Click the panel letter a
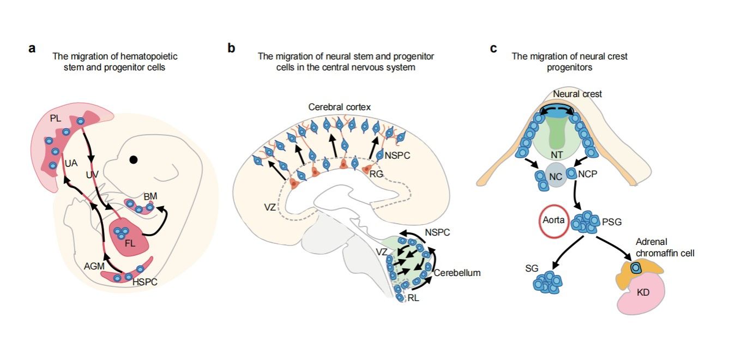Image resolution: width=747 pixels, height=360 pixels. pyautogui.click(x=32, y=48)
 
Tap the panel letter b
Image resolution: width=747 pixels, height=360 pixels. pyautogui.click(x=231, y=49)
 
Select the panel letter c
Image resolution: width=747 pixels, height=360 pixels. pyautogui.click(x=493, y=49)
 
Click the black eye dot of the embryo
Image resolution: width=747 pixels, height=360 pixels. pyautogui.click(x=133, y=160)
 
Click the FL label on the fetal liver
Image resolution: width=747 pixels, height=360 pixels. pyautogui.click(x=130, y=243)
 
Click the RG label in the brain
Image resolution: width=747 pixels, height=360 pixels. pyautogui.click(x=376, y=175)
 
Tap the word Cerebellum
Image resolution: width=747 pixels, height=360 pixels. pyautogui.click(x=457, y=273)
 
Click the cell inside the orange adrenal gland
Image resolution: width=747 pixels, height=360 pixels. pyautogui.click(x=635, y=267)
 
